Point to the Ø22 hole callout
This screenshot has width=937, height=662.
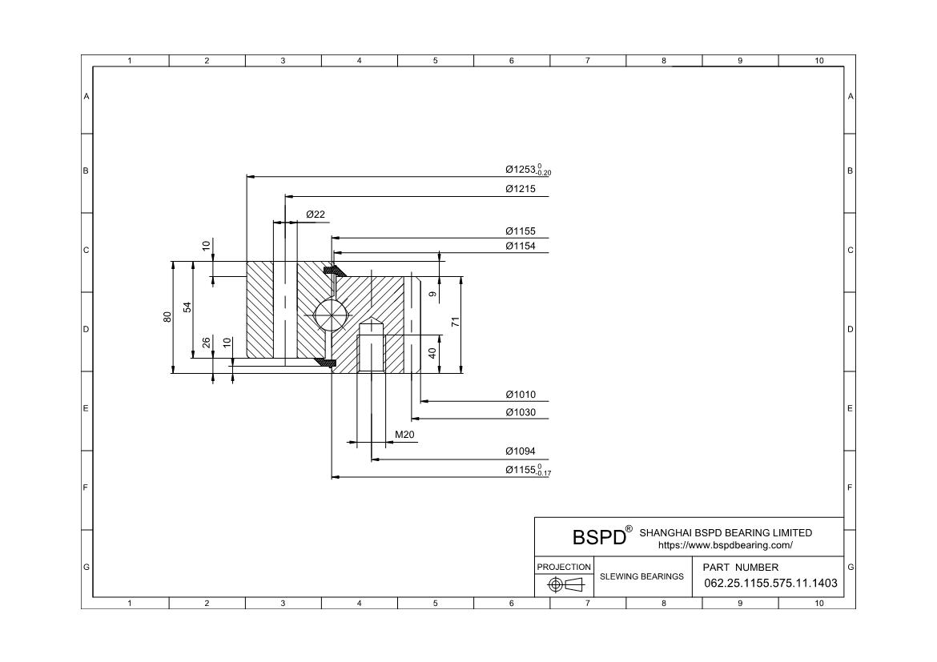click(316, 215)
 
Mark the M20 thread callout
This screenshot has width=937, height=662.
click(404, 435)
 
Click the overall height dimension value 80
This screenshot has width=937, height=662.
click(167, 317)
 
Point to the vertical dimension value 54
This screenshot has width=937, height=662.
click(187, 307)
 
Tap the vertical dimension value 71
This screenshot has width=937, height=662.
click(455, 323)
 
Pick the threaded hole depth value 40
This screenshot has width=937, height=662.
click(432, 353)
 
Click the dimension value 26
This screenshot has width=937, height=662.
click(207, 343)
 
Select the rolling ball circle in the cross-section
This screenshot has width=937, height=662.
click(331, 314)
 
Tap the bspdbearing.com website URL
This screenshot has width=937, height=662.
click(725, 545)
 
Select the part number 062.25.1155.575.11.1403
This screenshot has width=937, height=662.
click(770, 584)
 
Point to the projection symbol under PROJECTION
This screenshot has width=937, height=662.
click(564, 585)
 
